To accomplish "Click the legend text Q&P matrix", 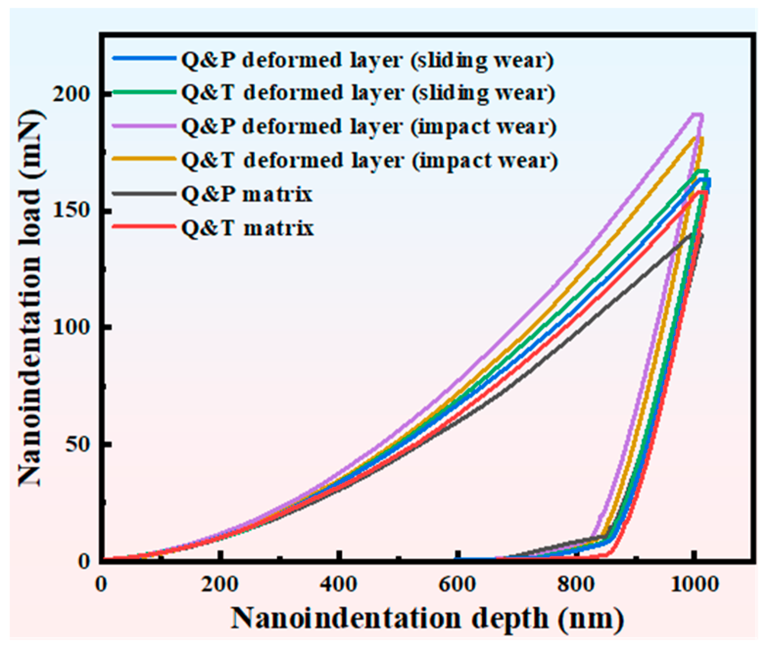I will (246, 194).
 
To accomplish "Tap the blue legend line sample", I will (144, 59).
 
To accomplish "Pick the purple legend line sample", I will (144, 126).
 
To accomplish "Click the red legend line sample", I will (144, 227).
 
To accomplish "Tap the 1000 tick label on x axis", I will (691, 584).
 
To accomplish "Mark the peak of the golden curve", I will (698, 138).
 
